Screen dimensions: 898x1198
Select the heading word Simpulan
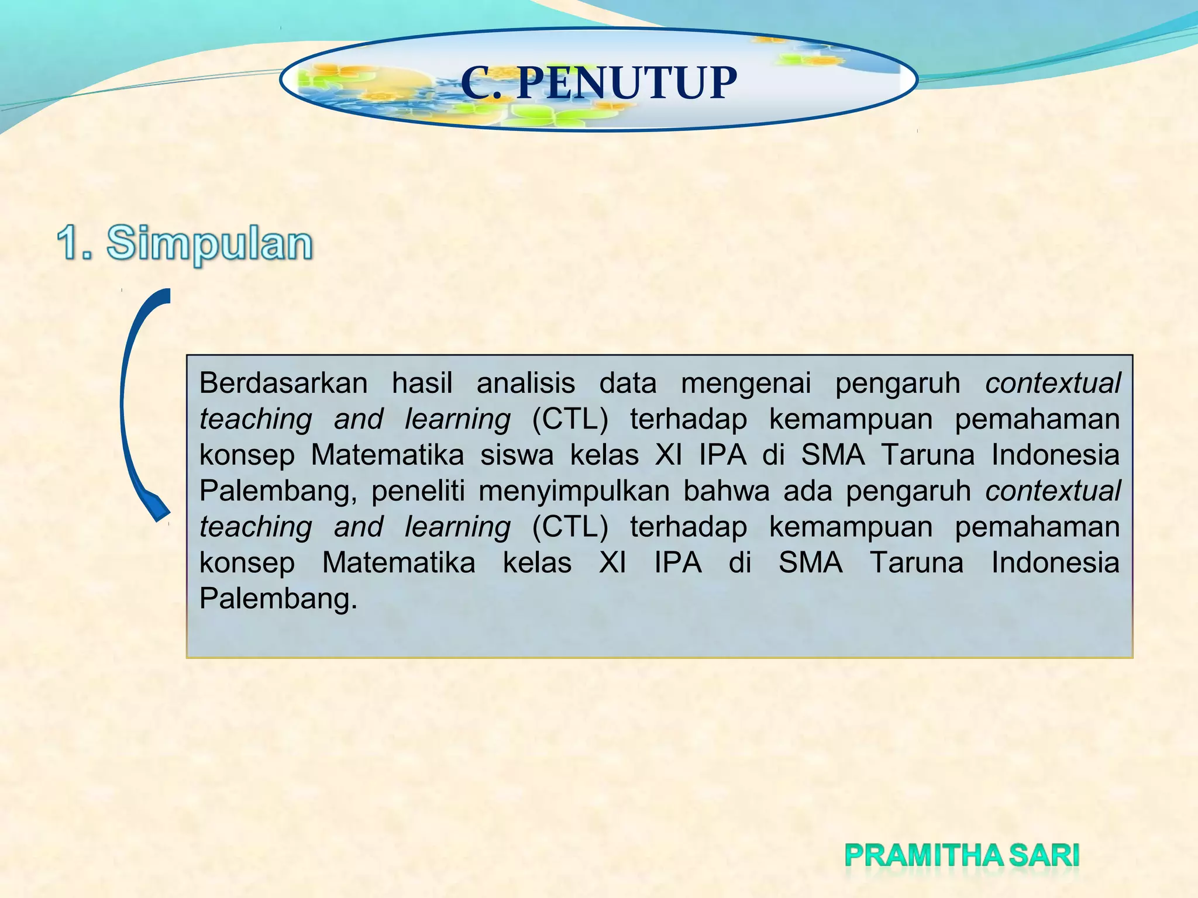(209, 244)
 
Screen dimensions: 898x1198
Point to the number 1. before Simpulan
(75, 243)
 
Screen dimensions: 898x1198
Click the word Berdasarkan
(283, 384)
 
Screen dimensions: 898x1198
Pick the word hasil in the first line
(422, 384)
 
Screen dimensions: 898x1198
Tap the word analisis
(525, 384)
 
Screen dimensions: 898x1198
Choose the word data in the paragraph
(628, 384)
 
